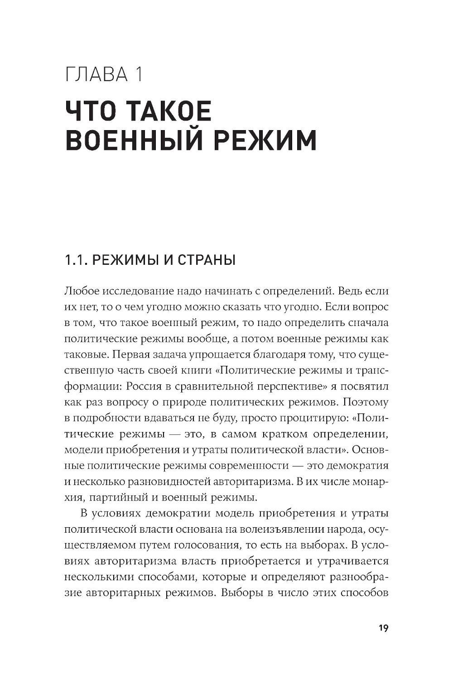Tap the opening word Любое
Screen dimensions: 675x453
pos(82,291)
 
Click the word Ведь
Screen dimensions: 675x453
pos(351,291)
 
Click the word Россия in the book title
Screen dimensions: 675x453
pos(144,386)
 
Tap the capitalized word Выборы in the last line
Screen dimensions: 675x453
pos(238,592)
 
